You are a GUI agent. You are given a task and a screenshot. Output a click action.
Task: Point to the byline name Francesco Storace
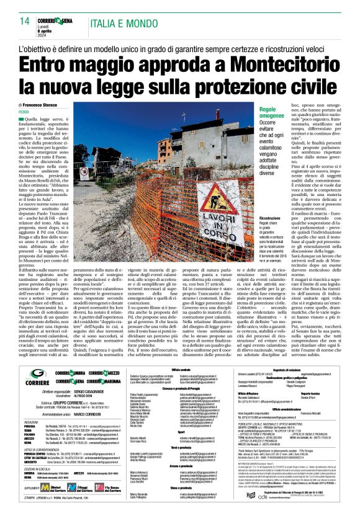click(46, 105)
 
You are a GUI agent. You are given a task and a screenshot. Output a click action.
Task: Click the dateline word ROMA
click(24, 112)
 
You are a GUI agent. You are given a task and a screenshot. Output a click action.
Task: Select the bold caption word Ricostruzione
click(253, 218)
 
